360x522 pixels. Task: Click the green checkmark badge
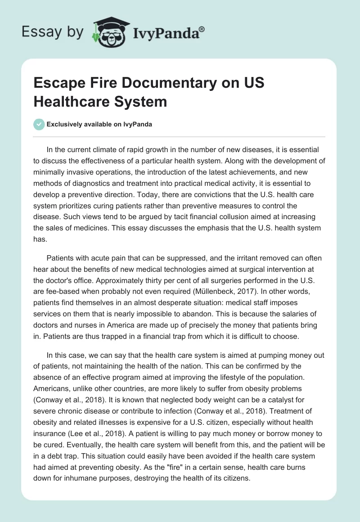click(x=39, y=125)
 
